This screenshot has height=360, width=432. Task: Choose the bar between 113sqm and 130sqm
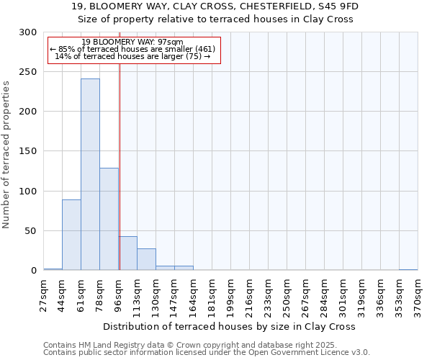coord(146,259)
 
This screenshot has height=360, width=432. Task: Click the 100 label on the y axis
coord(28,192)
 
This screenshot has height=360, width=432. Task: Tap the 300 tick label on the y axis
coord(28,32)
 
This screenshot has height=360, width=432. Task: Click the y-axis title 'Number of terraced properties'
coord(6,154)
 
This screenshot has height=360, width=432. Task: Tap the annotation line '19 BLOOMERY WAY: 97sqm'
coord(132,42)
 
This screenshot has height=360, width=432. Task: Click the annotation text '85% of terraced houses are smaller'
coord(132,49)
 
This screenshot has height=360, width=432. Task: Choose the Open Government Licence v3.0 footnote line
coord(207,353)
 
